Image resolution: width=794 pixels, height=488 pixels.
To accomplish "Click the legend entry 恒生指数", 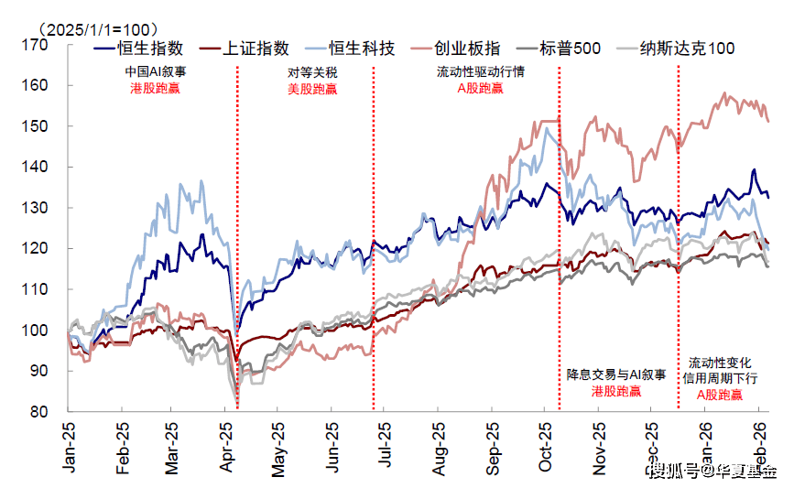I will coord(151,49).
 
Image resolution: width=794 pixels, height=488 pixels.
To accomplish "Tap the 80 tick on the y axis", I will coord(38,412).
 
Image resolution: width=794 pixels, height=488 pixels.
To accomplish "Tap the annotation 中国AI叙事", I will coord(155,71).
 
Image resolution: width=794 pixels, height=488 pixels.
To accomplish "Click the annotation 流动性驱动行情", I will coord(482,71).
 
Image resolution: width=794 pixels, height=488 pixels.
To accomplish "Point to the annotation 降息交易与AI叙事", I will coord(615,374).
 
